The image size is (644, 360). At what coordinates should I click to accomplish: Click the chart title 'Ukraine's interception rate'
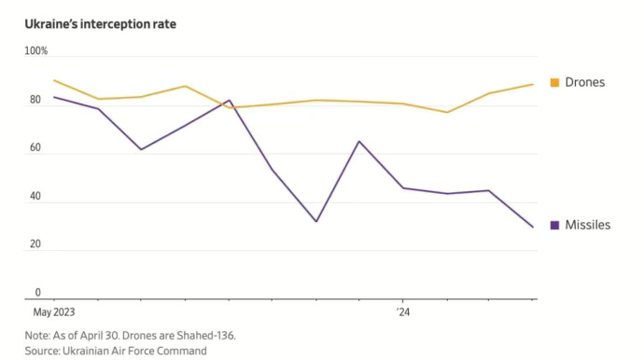100,24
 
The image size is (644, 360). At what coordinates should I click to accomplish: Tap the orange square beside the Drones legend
554,82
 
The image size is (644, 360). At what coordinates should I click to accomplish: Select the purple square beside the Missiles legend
554,225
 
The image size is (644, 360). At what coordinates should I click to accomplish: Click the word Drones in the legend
585,82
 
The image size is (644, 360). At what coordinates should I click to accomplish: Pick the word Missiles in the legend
588,225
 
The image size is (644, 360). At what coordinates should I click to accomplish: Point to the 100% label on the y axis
36,51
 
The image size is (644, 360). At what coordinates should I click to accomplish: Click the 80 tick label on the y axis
35,100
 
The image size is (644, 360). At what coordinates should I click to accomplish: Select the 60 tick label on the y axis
35,147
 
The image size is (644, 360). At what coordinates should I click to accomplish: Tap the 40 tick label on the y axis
35,196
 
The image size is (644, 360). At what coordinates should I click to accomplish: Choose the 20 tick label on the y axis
35,244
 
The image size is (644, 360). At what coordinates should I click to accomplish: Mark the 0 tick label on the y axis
37,293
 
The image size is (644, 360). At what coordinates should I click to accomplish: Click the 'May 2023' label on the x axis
54,312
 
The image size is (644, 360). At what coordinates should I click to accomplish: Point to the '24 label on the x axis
403,312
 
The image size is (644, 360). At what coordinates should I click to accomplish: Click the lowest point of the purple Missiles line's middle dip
316,222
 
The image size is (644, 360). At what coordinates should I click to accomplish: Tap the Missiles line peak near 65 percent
359,141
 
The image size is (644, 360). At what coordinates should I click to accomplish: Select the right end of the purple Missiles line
533,227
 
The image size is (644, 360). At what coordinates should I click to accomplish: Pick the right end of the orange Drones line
533,84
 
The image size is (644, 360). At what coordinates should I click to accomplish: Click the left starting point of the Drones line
54,80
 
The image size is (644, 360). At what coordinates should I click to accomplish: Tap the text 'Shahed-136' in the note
205,336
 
